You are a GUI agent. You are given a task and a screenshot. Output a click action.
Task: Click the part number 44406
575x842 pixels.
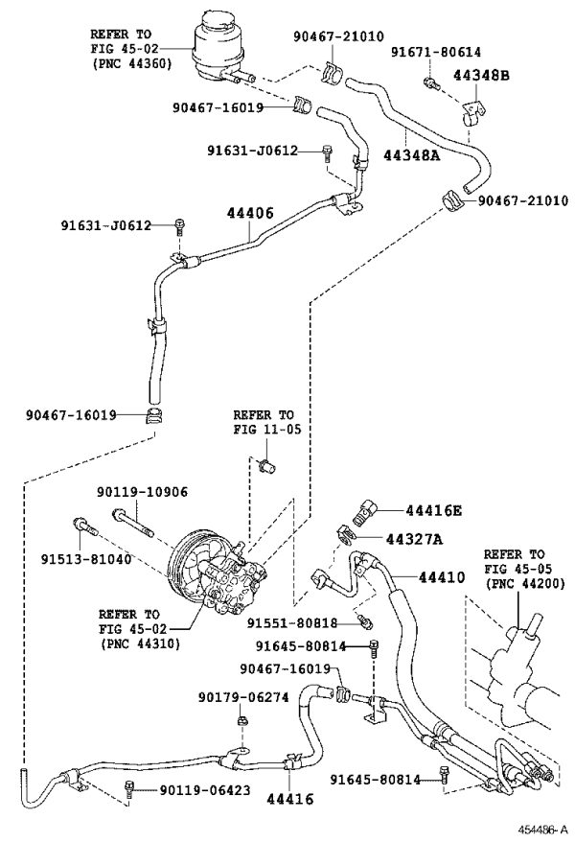click(250, 213)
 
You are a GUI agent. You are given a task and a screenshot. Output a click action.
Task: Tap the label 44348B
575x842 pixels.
click(481, 75)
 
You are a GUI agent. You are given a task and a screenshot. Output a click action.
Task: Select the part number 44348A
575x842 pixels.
click(411, 155)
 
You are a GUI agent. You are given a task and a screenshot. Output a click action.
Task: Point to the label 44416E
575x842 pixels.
click(433, 510)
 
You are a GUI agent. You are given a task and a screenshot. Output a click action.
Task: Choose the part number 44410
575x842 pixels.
click(442, 577)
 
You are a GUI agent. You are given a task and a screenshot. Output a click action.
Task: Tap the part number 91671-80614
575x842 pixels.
click(436, 52)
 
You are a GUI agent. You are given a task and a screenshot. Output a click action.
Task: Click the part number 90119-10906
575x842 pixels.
click(143, 492)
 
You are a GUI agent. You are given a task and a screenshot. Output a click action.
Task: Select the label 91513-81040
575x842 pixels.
click(86, 559)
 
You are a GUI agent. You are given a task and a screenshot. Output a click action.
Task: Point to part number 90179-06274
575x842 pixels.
click(243, 697)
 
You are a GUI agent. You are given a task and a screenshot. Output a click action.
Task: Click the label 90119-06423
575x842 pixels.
click(205, 790)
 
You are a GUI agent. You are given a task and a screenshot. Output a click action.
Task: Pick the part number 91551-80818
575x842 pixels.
click(292, 623)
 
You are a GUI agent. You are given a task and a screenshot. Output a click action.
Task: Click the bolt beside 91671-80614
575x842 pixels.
click(430, 82)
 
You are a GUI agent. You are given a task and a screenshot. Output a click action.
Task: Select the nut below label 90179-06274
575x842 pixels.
click(241, 719)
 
